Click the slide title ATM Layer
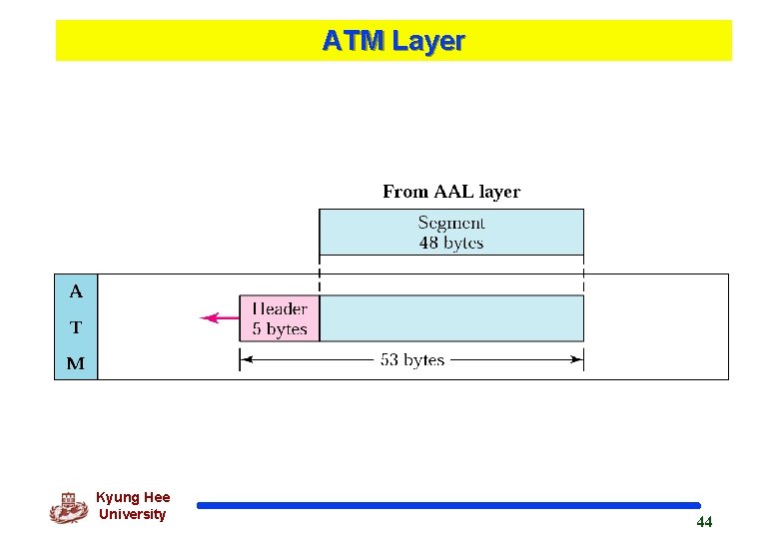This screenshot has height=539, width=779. pos(393,41)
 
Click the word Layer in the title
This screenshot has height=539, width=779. pos(428,41)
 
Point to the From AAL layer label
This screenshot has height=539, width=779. pos(451,192)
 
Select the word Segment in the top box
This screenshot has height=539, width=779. pos(451,224)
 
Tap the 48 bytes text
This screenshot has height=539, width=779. pos(451,243)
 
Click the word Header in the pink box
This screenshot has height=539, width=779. pos(280,309)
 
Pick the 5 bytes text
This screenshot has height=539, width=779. pos(280,329)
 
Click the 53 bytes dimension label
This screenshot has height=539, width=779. pos(412,359)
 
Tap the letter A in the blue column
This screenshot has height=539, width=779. pos(76,292)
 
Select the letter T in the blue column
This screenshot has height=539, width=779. pos(76,327)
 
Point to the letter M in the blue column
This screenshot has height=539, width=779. pos(76,363)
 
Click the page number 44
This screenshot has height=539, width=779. pos(704,522)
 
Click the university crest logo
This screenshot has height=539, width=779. pos(68,508)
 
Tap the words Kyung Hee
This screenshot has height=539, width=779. pos(133,497)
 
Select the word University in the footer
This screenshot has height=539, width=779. pos(133,514)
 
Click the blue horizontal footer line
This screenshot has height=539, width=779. pos(448,506)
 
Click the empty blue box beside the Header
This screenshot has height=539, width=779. pos(451,318)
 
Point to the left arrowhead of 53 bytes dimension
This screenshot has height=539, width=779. pos(245,359)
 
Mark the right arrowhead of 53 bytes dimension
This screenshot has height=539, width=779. pos(578,359)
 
